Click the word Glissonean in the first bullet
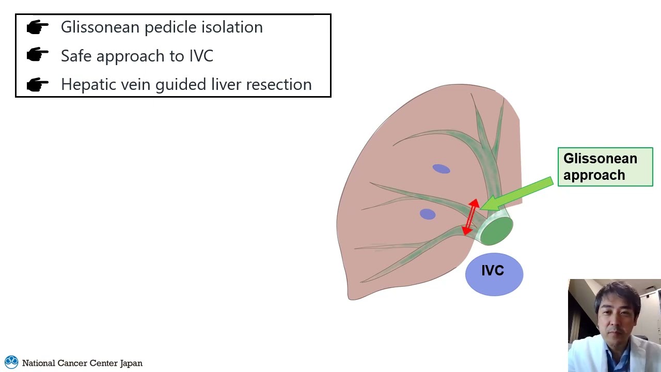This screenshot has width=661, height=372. click(x=100, y=27)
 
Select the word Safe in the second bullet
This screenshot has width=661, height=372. click(x=76, y=56)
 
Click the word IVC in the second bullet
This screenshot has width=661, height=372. click(x=201, y=56)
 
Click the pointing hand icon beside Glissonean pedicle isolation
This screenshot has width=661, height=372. click(x=37, y=27)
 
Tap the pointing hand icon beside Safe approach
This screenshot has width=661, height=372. click(x=37, y=55)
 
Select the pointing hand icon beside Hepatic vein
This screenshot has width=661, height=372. click(x=37, y=84)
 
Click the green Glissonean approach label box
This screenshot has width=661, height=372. click(x=605, y=167)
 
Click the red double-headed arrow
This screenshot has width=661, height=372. click(x=470, y=217)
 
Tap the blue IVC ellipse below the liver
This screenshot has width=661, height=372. click(x=494, y=274)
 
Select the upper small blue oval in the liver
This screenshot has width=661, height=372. click(x=441, y=169)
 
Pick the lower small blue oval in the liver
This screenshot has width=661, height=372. click(x=428, y=214)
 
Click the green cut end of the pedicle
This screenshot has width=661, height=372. click(x=497, y=230)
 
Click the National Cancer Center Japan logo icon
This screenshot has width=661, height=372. click(x=11, y=362)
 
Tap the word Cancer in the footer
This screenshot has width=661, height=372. click(x=72, y=363)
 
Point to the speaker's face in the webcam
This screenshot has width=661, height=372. click(x=615, y=313)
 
